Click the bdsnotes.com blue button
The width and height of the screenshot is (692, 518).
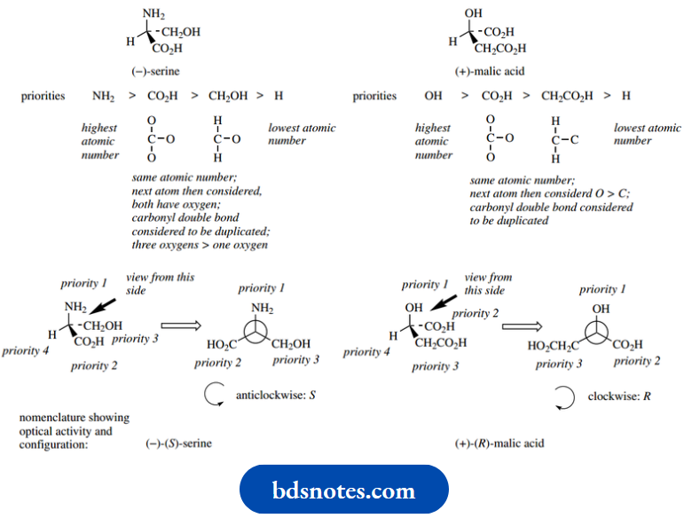[344, 490]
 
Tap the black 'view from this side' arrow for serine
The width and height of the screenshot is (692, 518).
[117, 299]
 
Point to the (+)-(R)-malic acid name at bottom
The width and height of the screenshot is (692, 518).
[499, 443]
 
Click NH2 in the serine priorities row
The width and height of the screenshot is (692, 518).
[104, 96]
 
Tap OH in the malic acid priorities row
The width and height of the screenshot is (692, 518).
[433, 96]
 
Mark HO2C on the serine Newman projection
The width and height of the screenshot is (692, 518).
[222, 346]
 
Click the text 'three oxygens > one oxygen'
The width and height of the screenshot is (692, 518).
[201, 245]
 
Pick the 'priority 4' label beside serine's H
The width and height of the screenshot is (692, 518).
[27, 350]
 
